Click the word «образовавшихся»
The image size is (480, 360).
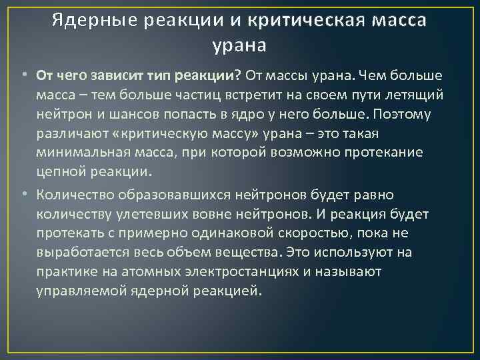(177, 195)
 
